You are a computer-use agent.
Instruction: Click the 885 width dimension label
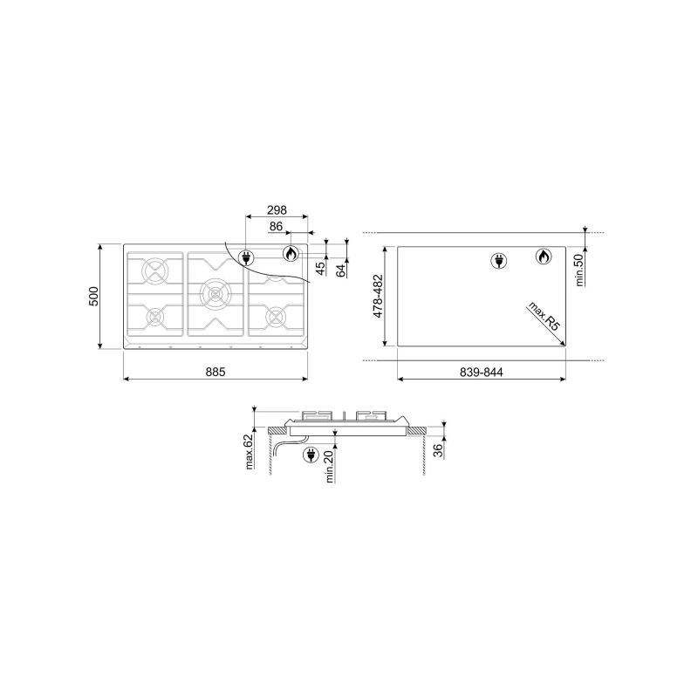[x=216, y=372]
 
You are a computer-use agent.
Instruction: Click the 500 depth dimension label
[x=94, y=296]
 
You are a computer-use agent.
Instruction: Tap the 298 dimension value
[x=277, y=209]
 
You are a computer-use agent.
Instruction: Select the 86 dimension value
[x=276, y=227]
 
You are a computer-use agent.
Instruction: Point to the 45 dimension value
[x=320, y=269]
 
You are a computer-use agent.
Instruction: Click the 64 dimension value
[x=341, y=270]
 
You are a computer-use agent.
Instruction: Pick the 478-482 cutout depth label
[x=378, y=296]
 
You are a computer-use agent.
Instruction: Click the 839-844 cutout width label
[x=482, y=373]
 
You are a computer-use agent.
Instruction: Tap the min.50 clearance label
[x=579, y=270]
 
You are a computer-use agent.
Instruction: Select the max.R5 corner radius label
[x=543, y=316]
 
